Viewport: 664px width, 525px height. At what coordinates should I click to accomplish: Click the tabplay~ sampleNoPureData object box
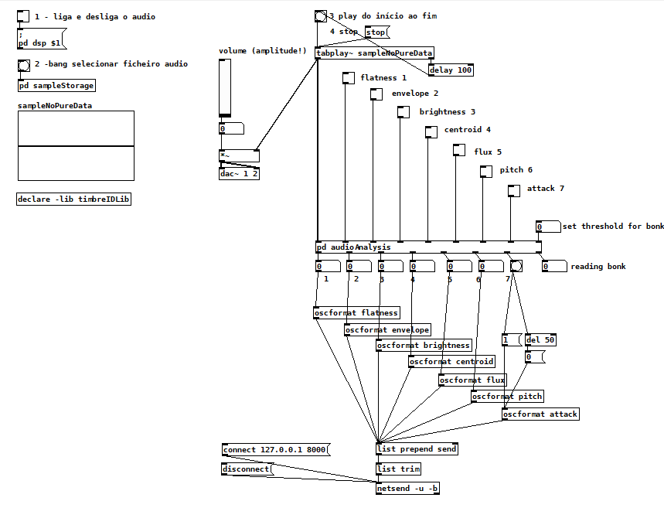click(x=374, y=53)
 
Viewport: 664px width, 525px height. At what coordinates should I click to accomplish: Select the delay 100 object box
click(x=451, y=70)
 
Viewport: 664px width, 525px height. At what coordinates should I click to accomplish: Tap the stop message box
click(x=376, y=32)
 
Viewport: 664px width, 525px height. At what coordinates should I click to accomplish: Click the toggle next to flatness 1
click(x=348, y=78)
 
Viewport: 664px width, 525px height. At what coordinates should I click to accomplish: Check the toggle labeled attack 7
click(x=514, y=190)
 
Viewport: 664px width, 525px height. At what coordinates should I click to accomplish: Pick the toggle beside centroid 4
click(x=431, y=131)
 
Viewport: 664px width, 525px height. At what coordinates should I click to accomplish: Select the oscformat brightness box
click(x=424, y=346)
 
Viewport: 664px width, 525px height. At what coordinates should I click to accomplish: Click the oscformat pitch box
click(x=507, y=397)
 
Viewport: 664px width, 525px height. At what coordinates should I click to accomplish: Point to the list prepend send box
click(x=417, y=449)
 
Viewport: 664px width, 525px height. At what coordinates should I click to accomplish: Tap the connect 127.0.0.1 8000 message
click(x=274, y=450)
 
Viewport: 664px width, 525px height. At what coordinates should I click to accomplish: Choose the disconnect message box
click(x=247, y=469)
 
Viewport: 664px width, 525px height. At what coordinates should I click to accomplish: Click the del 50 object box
click(x=540, y=340)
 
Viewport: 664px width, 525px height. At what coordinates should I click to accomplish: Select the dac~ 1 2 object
click(x=239, y=174)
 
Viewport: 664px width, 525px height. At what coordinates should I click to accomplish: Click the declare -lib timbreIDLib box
click(x=74, y=199)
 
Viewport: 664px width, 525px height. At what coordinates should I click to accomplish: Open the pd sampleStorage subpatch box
click(x=56, y=86)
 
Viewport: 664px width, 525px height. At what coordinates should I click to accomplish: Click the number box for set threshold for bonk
click(x=548, y=227)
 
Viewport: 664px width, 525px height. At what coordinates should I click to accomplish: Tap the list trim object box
click(x=398, y=469)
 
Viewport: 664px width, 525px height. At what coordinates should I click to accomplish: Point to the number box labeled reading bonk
click(x=553, y=267)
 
